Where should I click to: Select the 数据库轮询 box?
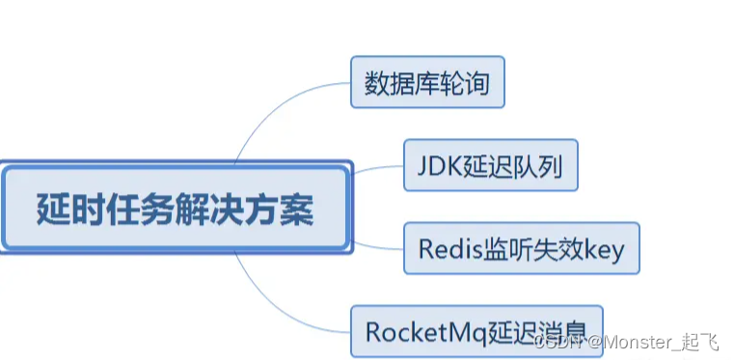pos(426,83)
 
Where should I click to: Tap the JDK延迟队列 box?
pos(490,166)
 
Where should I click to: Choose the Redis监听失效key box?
pos(521,248)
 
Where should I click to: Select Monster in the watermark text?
pos(638,342)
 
